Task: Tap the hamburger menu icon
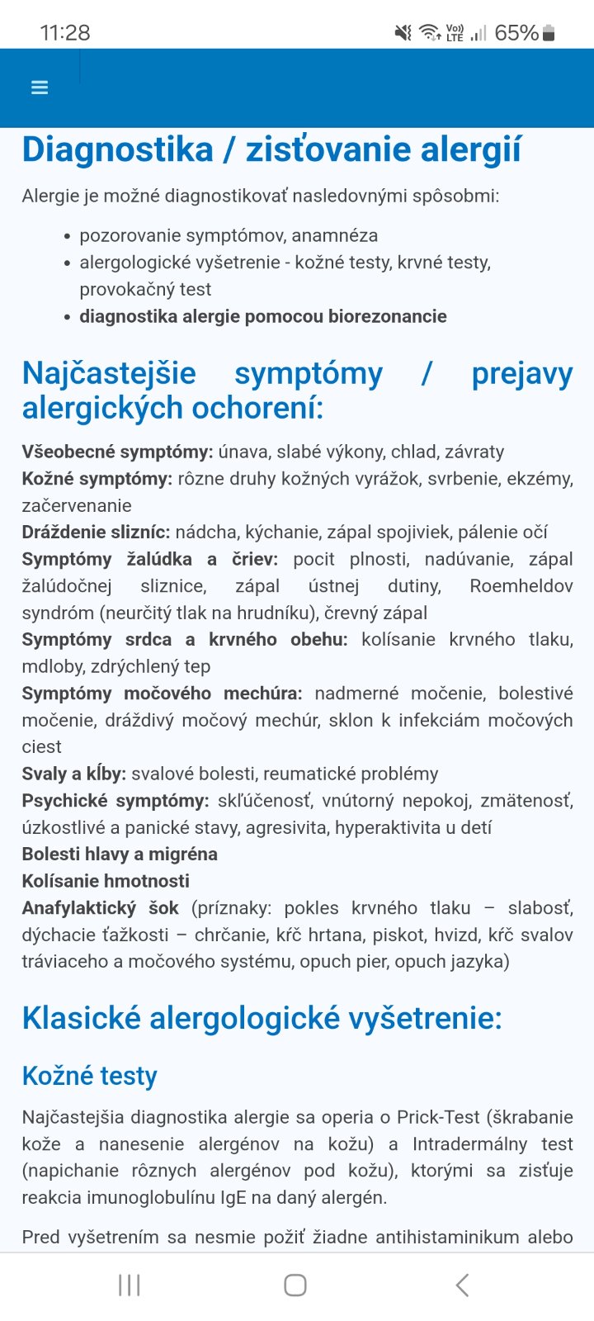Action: coord(40,88)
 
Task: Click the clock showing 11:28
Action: coord(65,33)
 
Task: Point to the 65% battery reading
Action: coord(516,33)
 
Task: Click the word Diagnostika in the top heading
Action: coord(118,150)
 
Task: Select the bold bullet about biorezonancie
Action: coord(262,316)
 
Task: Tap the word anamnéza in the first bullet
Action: coord(340,235)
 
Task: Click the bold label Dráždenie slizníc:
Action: coord(96,533)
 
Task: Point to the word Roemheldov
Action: coord(521,586)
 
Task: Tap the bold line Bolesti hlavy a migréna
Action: coord(120,855)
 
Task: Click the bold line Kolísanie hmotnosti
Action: coord(106,881)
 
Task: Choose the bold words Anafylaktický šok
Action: coord(100,908)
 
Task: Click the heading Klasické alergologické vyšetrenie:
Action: coord(262,1019)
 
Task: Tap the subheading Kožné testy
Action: coord(89,1076)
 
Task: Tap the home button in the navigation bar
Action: coord(295,1285)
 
